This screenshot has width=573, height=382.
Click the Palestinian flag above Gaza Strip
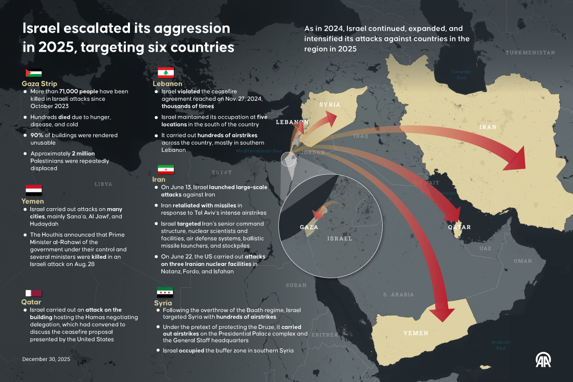[34, 73]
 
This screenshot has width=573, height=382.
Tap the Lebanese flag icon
[165, 73]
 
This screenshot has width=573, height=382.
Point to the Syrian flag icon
[165, 293]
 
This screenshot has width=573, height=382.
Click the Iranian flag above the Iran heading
[165, 169]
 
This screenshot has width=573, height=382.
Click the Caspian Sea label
[461, 75]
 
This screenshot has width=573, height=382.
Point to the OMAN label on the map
[523, 261]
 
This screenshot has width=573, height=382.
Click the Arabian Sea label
[500, 345]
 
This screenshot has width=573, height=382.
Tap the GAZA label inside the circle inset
[309, 227]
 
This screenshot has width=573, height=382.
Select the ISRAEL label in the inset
[340, 238]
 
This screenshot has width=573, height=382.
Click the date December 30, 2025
[46, 359]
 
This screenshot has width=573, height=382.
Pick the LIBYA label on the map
[103, 184]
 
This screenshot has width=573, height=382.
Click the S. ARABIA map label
[399, 295]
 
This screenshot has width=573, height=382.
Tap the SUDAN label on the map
[296, 285]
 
